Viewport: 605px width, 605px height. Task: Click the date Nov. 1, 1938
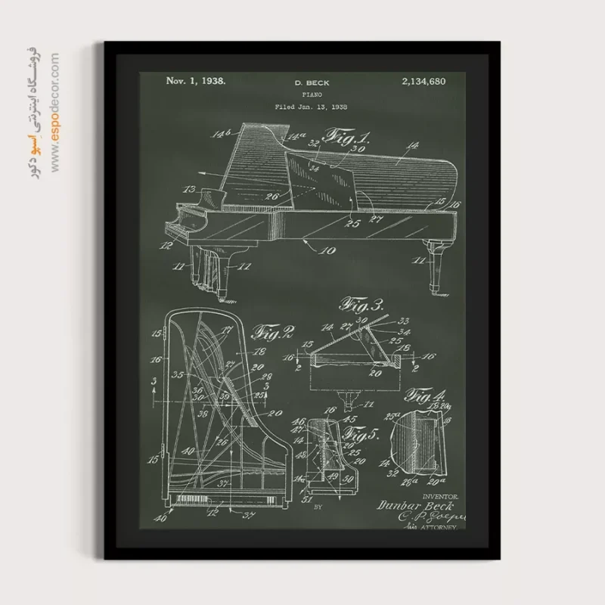(195, 79)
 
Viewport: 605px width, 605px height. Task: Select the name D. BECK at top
(312, 82)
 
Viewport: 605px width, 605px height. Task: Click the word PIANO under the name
(312, 95)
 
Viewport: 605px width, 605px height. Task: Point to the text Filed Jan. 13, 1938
(311, 107)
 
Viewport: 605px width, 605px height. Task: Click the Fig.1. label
(347, 137)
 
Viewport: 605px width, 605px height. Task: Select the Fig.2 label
(275, 331)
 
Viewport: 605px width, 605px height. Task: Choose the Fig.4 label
(426, 395)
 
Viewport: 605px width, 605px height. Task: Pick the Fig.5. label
(361, 435)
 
